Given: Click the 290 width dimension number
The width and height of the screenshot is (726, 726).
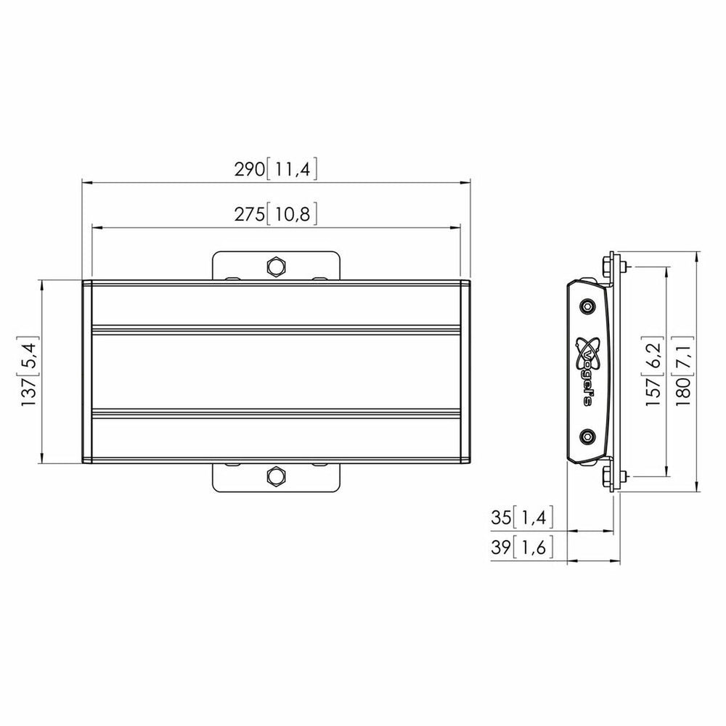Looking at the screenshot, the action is (249, 170).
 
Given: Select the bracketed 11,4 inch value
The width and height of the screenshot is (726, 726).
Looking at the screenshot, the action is (292, 170).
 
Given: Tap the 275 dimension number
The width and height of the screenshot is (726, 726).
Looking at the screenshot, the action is (249, 214).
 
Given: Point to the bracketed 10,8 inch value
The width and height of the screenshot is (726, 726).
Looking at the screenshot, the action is (292, 214).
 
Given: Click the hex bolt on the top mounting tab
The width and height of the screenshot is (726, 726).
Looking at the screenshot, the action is (276, 266).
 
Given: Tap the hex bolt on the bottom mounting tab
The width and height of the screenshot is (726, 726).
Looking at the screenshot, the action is (276, 476).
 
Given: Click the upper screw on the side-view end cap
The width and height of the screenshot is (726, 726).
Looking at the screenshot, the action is (588, 306).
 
